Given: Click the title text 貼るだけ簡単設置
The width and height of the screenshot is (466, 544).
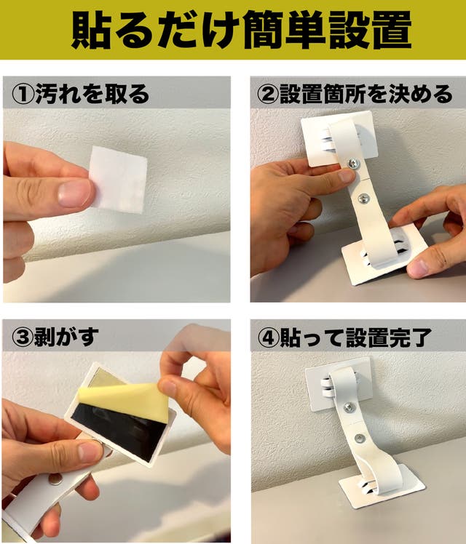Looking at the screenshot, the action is click(x=241, y=31).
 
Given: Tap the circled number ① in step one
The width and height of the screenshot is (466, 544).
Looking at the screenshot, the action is click(x=23, y=94).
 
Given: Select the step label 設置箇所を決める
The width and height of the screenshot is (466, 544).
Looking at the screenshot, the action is click(x=366, y=94).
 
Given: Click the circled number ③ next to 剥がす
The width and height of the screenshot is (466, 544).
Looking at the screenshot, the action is click(x=23, y=337).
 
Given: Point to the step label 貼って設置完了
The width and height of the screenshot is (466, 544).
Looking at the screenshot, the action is click(x=355, y=337).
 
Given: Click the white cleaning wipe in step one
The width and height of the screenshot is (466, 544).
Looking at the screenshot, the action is click(x=119, y=180).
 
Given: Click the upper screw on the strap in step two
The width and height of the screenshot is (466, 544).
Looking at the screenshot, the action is click(x=354, y=163).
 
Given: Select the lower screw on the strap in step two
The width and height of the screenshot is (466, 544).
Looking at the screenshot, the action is click(x=363, y=199).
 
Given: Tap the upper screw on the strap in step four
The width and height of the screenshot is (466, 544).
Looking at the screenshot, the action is click(x=350, y=408).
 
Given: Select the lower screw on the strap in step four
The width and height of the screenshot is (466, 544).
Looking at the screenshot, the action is click(x=360, y=439).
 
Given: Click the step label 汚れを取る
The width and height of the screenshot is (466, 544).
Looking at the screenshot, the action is click(x=92, y=94).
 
